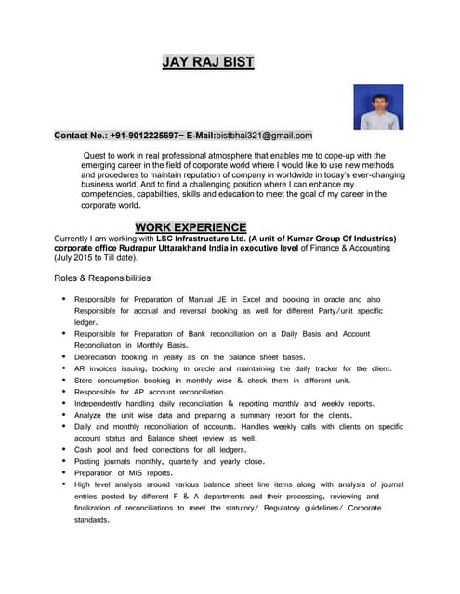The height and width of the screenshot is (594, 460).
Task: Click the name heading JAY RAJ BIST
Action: pos(207,63)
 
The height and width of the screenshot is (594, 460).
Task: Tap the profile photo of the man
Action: pos(378,108)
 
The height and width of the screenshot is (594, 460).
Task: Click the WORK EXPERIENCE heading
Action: pos(191,227)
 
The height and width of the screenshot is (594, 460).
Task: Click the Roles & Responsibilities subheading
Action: pos(102,278)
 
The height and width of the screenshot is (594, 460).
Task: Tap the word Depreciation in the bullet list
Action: pos(99,356)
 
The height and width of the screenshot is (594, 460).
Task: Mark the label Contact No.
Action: pos(80,136)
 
